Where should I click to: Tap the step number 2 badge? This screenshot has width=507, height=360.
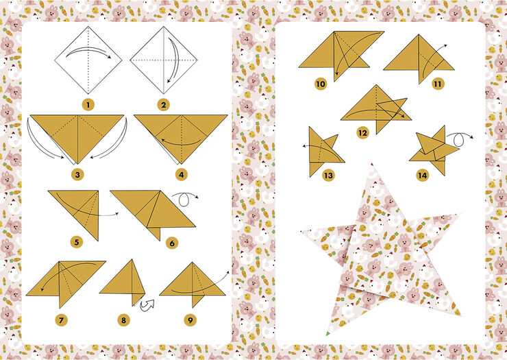[163, 105]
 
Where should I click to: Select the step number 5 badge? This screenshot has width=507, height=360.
[77, 241]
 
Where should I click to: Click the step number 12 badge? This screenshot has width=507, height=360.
[363, 132]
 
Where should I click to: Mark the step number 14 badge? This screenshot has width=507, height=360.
[423, 176]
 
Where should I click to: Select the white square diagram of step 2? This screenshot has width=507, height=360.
[163, 60]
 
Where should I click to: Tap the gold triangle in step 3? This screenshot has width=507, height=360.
[77, 134]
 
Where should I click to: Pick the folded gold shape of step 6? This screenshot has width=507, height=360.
[147, 210]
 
